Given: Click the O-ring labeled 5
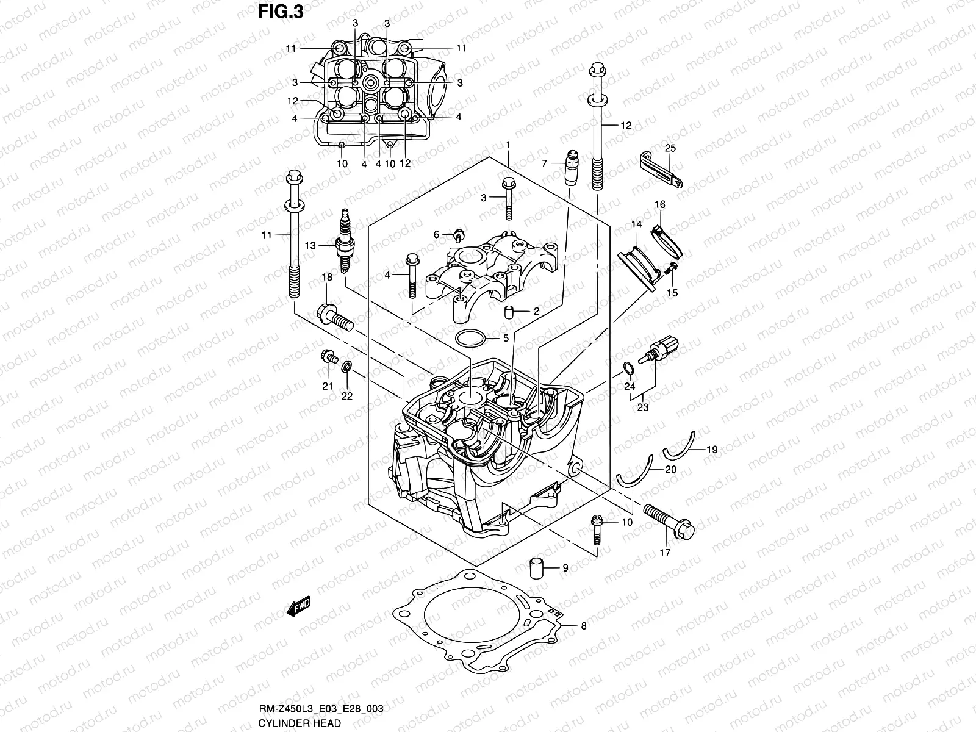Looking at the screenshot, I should pyautogui.click(x=471, y=338).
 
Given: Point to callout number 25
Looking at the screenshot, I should pyautogui.click(x=670, y=148).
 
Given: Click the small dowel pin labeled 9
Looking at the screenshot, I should pyautogui.click(x=537, y=567).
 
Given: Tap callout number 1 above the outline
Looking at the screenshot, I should pyautogui.click(x=508, y=145).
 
